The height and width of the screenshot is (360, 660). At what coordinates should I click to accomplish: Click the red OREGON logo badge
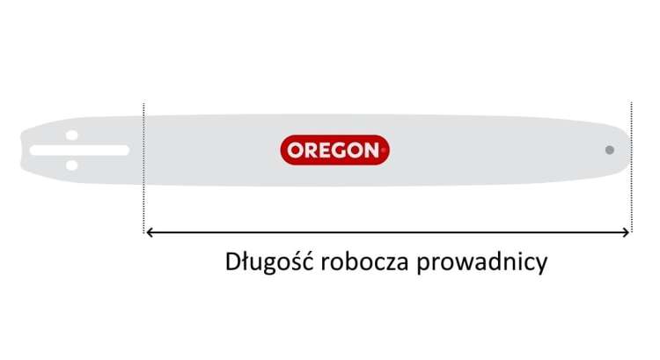[x=334, y=150]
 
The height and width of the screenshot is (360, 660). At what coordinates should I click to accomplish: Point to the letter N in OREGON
[x=371, y=151]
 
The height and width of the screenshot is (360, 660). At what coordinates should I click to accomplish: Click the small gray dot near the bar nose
[x=609, y=150]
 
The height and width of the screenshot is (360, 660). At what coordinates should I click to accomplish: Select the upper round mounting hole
[x=72, y=136]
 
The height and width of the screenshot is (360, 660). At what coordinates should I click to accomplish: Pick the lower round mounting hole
[x=72, y=165]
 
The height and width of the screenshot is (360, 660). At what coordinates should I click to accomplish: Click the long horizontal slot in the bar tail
[x=79, y=151]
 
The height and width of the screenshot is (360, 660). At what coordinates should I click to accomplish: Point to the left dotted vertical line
[x=143, y=167]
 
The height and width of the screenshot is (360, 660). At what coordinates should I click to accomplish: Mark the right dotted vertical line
[x=631, y=166]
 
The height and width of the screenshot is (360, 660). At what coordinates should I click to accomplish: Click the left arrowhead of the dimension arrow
[x=149, y=232]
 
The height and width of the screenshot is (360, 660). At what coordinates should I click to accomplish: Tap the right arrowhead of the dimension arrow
[x=626, y=232]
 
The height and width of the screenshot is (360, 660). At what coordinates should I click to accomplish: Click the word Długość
[x=269, y=262]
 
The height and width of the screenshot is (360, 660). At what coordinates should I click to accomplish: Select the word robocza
[x=364, y=261]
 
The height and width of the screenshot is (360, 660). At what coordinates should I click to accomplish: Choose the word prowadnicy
[x=482, y=262]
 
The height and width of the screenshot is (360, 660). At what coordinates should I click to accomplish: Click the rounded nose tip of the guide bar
[x=631, y=150]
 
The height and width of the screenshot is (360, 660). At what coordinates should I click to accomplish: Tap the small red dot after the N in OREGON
[x=383, y=150]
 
